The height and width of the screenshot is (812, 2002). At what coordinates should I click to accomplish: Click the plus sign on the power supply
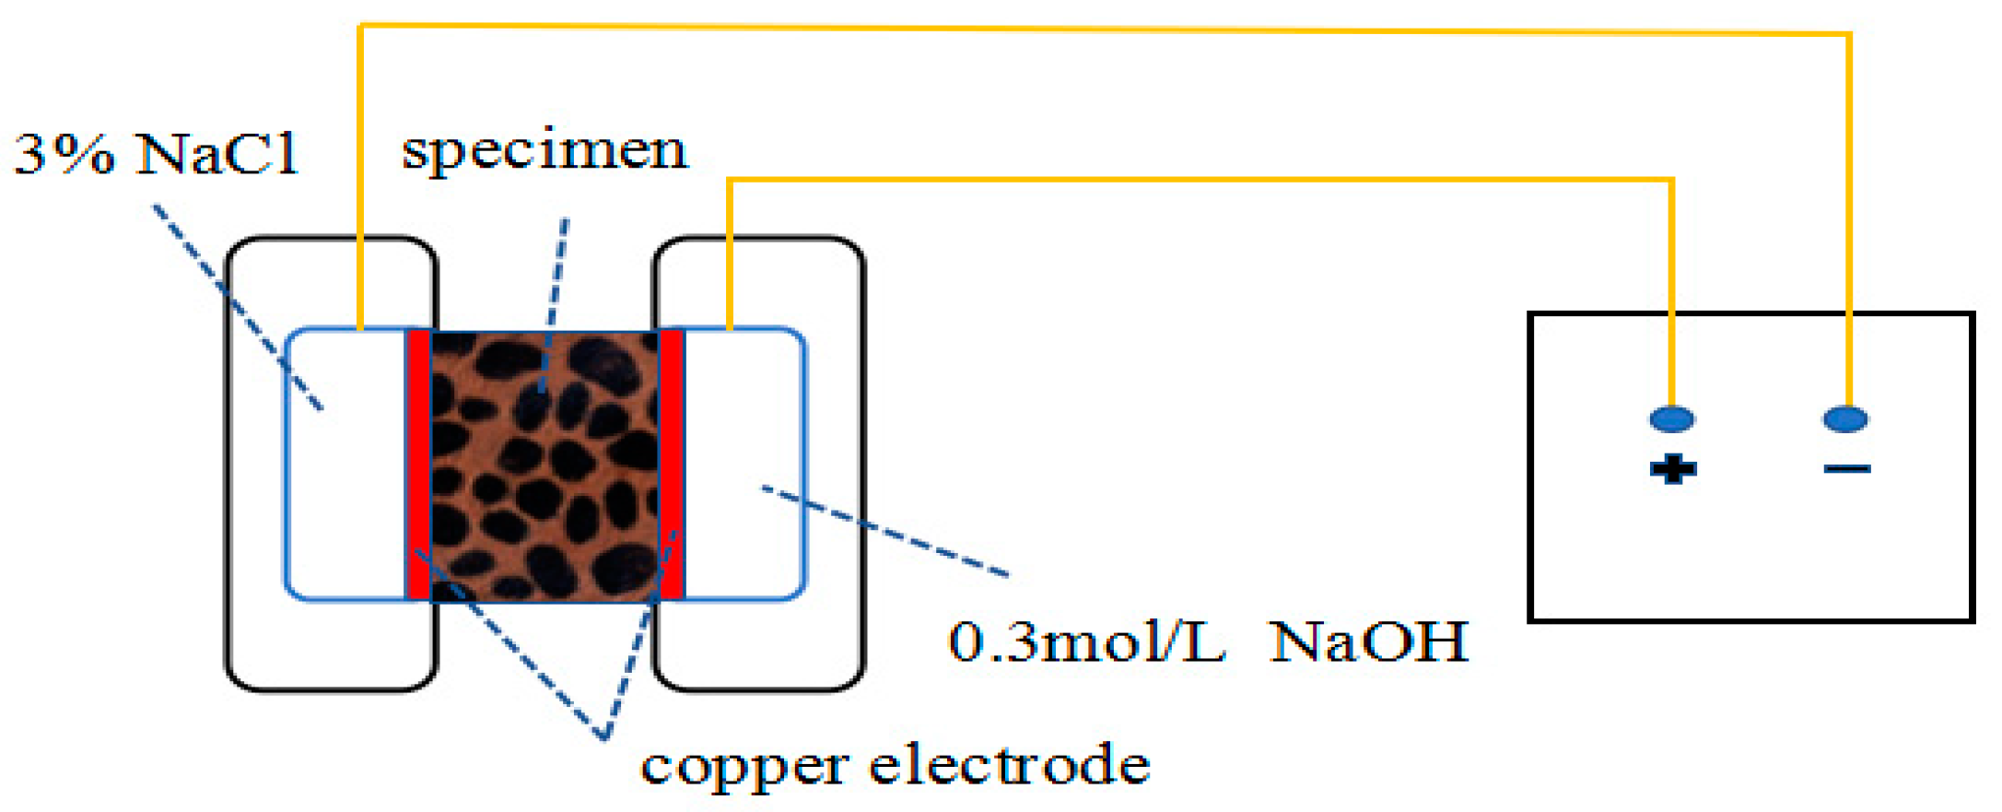(1673, 469)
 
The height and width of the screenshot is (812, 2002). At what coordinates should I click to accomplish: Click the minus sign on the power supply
(1847, 469)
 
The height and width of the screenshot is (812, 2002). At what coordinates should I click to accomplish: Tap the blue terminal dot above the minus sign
(1846, 419)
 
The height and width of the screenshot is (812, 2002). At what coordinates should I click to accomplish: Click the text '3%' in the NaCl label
(64, 154)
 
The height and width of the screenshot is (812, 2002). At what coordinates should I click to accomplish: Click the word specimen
(544, 150)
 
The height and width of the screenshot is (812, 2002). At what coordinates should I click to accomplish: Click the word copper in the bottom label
(744, 766)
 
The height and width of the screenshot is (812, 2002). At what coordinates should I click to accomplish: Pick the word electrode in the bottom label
(1010, 764)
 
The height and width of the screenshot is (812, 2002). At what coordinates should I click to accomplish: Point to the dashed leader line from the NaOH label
(884, 531)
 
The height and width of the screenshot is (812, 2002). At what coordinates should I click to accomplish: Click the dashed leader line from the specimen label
(556, 295)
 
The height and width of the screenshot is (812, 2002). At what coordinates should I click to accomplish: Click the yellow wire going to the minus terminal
(1106, 29)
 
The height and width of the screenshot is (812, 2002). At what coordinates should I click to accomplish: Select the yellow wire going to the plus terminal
(1198, 180)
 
